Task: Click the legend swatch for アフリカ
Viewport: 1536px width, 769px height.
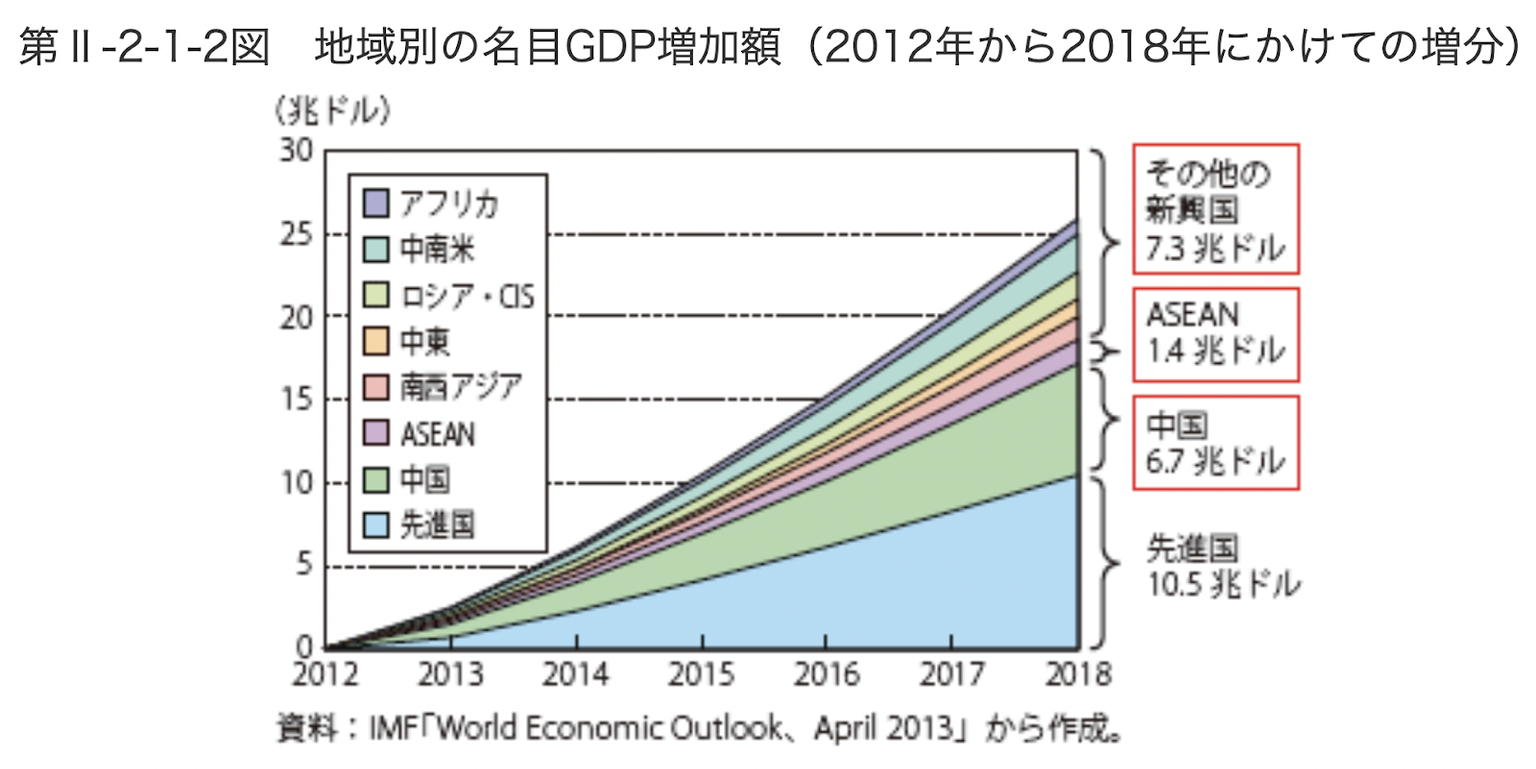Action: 376,204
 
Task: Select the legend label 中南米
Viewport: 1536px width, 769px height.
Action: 437,250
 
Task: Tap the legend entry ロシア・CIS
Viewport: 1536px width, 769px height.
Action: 466,296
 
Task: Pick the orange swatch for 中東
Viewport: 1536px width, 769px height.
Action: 376,341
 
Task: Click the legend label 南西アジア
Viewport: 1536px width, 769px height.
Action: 461,387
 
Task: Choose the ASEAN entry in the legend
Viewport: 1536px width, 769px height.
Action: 437,434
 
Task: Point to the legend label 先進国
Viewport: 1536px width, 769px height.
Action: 437,524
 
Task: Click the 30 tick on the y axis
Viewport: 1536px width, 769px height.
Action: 297,151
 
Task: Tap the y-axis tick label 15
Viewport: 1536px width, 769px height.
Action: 297,399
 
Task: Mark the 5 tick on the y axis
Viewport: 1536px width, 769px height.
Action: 304,565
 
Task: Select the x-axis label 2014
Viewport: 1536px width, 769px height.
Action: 576,675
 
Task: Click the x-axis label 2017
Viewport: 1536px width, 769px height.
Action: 952,675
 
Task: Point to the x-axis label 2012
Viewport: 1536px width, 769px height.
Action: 325,675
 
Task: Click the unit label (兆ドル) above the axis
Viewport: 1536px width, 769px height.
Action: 332,112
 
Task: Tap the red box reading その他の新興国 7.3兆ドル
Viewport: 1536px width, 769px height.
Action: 1215,209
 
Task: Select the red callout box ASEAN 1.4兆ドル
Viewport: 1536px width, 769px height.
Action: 1215,334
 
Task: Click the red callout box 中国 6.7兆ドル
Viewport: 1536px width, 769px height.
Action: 1215,443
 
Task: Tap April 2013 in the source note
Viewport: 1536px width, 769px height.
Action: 884,729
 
